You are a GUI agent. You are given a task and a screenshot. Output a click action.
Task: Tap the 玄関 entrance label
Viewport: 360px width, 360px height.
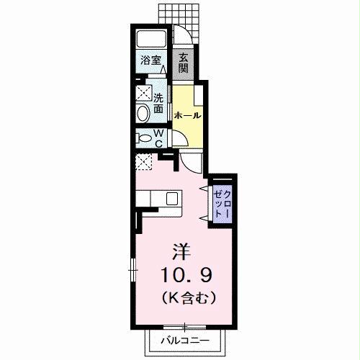(184, 64)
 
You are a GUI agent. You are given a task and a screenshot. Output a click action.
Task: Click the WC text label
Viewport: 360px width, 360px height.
(159, 137)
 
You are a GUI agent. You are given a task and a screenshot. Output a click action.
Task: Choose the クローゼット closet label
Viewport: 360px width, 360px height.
(222, 204)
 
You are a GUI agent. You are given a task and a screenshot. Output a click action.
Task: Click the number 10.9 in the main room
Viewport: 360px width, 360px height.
(185, 275)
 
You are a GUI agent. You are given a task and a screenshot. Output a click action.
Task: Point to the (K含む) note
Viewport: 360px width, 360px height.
(185, 296)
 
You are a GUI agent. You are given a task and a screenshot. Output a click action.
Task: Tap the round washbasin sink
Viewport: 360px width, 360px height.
(142, 112)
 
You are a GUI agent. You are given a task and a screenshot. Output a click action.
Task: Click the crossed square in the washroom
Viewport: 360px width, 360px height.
(141, 93)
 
